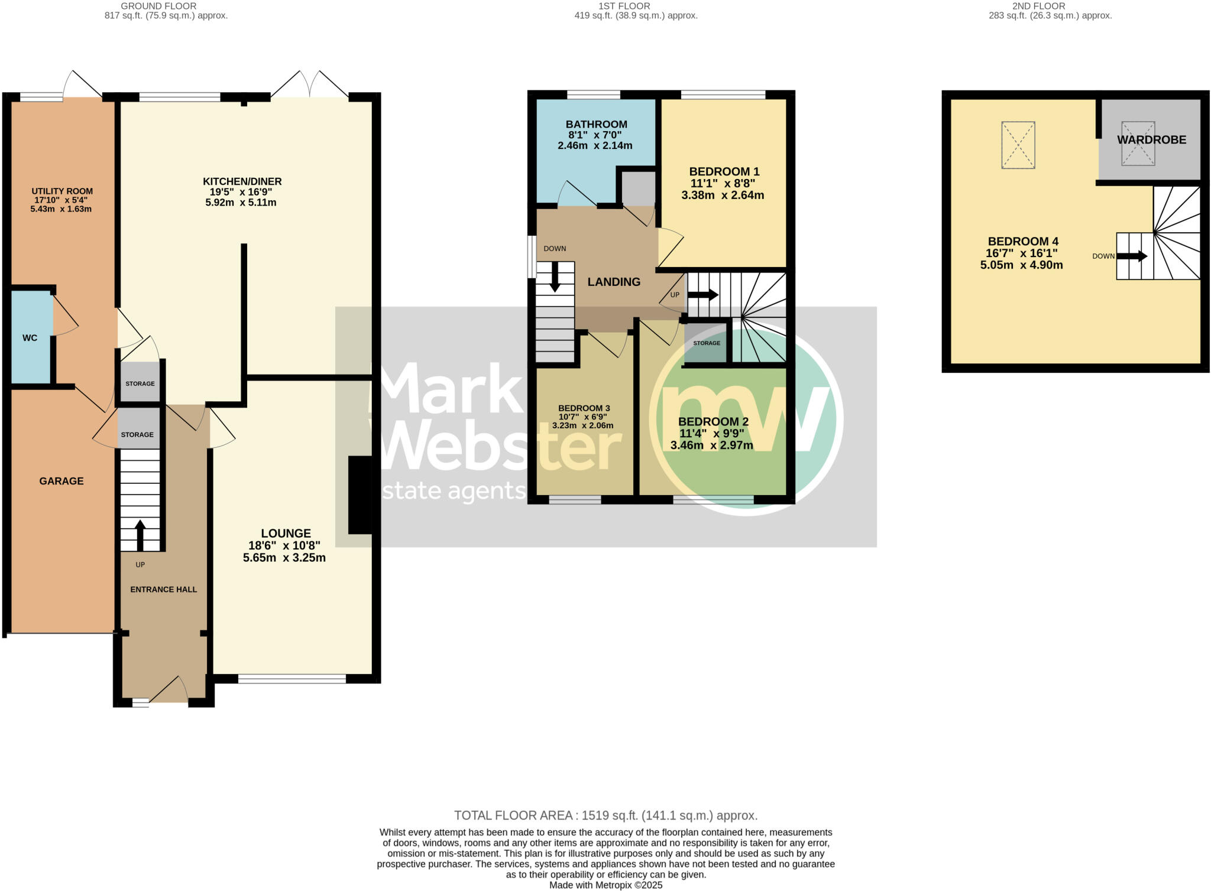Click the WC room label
tap(30, 338)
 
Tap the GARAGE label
tap(61, 481)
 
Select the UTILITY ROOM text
tap(62, 191)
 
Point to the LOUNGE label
tap(286, 533)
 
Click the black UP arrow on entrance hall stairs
tap(140, 535)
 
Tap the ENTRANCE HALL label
tap(163, 589)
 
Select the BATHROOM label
tap(596, 124)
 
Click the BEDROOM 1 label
tap(724, 172)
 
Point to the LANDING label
tap(614, 282)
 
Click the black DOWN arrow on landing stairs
tap(555, 277)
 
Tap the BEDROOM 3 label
tap(584, 408)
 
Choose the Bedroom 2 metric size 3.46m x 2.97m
tap(711, 445)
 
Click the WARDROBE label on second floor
tap(1151, 139)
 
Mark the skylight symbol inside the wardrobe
tap(1138, 144)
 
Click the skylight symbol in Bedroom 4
tap(1018, 145)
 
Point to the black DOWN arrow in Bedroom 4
tap(1131, 256)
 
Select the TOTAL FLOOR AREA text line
tap(605, 815)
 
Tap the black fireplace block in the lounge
tap(360, 495)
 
